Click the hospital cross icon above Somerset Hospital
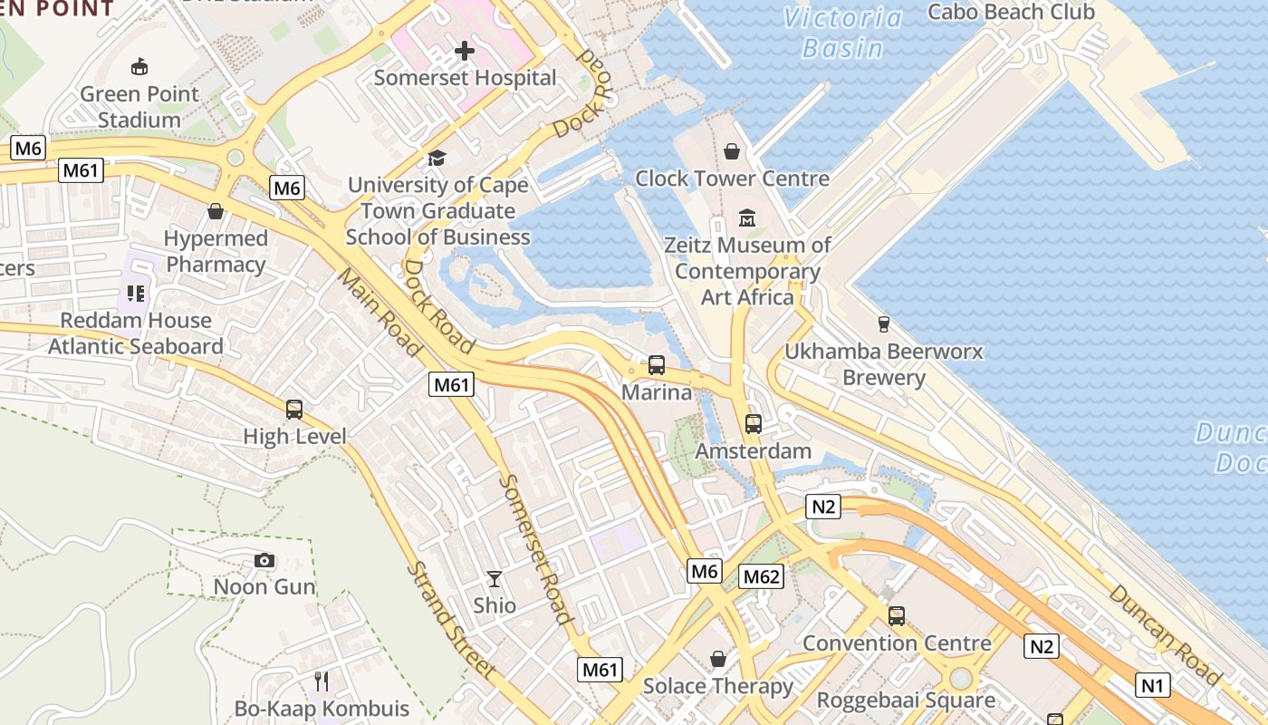tap(465, 51)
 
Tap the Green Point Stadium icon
tap(139, 66)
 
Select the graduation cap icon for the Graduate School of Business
tap(437, 159)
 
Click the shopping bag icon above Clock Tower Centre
tap(732, 151)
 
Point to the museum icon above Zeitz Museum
tap(747, 218)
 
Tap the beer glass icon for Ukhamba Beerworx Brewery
tap(884, 324)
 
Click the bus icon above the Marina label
tap(657, 365)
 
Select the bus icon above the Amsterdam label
tap(754, 423)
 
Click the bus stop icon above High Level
tap(294, 409)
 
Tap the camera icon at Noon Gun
tap(264, 561)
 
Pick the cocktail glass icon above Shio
tap(495, 578)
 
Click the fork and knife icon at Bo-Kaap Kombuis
tap(322, 681)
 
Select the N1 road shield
tap(1152, 685)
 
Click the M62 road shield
tap(761, 576)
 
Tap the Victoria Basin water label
tap(843, 33)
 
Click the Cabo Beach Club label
tap(1011, 12)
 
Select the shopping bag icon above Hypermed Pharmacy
tap(216, 211)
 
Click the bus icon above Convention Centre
tap(897, 616)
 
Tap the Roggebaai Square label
tap(906, 700)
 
